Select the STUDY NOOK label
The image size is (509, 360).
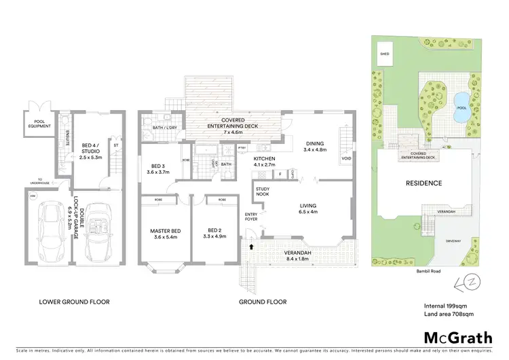(263, 192)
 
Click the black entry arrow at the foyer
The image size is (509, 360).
(252, 247)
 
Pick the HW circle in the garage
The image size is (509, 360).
(33, 196)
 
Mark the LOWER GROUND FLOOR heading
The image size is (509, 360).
(74, 302)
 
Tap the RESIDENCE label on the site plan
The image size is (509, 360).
(423, 183)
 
